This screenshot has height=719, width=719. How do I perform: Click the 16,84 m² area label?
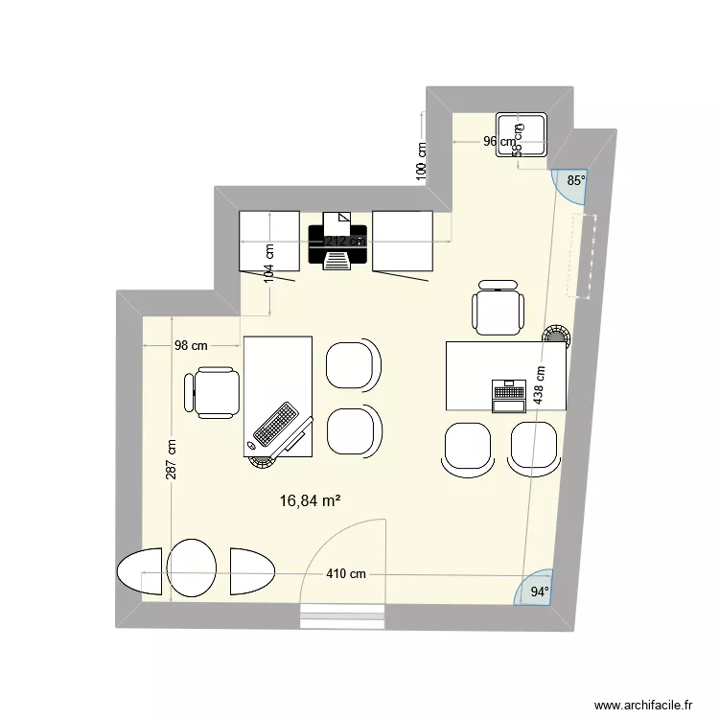tap(311, 499)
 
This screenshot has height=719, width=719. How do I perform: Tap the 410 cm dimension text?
tap(345, 574)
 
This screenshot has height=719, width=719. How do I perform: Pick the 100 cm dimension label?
tap(421, 163)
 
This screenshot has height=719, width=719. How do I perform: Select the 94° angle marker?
tap(541, 591)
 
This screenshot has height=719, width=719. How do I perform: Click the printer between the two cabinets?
tap(337, 242)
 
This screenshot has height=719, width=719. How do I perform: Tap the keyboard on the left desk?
tap(274, 426)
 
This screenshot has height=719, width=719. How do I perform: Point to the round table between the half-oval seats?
tap(192, 570)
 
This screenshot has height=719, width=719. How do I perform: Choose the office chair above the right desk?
tap(499, 309)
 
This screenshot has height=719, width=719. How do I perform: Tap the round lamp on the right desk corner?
tap(555, 336)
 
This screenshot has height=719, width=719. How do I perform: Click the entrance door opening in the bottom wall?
tap(342, 617)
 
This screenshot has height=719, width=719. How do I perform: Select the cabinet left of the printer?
tap(268, 241)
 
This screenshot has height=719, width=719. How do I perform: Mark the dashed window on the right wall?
tap(583, 257)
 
